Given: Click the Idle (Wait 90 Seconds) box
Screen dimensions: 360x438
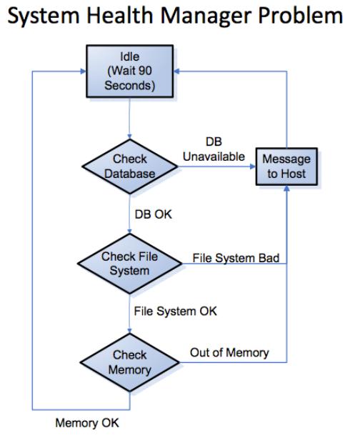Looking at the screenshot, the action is tap(129, 71).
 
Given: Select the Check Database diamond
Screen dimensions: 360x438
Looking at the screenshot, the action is tap(129, 166).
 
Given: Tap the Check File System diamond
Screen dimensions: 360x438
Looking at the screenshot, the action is tap(129, 264).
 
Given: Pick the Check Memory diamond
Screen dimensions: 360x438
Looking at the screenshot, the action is tap(129, 362).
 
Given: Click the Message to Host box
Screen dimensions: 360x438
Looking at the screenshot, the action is tap(286, 166).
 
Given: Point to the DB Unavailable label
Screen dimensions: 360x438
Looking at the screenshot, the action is tap(214, 149).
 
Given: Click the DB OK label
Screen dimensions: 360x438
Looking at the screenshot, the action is tap(153, 214).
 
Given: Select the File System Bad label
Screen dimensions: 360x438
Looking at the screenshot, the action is tap(236, 258).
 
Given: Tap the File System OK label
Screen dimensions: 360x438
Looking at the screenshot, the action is tap(175, 312).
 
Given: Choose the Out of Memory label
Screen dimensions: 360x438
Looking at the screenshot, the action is tap(229, 352).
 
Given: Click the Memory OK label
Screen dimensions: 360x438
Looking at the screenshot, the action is tap(87, 422).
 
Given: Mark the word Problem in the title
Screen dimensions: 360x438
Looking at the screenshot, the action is tap(301, 15).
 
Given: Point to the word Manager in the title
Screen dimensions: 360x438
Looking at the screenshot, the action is tap(206, 16).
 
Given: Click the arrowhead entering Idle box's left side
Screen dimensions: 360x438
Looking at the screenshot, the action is tap(84, 71).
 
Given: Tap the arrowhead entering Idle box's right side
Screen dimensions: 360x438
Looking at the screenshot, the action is tap(176, 71).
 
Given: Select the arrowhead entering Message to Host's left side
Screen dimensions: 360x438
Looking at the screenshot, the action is tap(253, 166).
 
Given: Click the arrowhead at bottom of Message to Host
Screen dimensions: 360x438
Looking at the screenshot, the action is tap(286, 188).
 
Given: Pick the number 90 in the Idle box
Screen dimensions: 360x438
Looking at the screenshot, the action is tap(145, 71).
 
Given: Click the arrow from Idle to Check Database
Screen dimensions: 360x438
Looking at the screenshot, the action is tap(129, 118).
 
